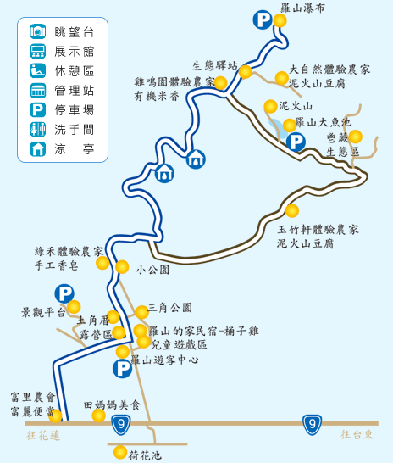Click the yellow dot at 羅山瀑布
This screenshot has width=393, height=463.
pos(280,20)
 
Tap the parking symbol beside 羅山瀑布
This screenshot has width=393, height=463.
pos(263,20)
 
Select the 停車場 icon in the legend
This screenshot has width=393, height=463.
pos(38,110)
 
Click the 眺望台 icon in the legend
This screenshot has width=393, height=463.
pos(38,31)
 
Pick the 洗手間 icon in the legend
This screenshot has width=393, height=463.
pos(38,130)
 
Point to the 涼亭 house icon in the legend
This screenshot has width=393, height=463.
pos(38,149)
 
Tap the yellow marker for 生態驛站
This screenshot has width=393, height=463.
pos(246,72)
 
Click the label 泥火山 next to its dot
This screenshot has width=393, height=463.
pos(296,106)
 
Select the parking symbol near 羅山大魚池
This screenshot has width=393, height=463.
pos(296,142)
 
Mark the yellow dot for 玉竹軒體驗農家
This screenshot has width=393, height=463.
pos(292,211)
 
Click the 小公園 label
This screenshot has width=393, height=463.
pos(152,270)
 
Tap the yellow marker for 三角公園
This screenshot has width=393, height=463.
pos(141,312)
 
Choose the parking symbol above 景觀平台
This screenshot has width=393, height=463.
pos(64,293)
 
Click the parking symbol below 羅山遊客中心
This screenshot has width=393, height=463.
pos(122,369)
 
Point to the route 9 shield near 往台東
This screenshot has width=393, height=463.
pos(312,425)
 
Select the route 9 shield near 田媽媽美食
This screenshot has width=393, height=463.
pos(121,425)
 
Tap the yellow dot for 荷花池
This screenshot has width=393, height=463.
pos(120,452)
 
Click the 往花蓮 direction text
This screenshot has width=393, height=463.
pos(43,436)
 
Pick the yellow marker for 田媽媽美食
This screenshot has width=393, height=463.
pos(98,416)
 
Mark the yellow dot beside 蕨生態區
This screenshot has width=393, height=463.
pos(355,137)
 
